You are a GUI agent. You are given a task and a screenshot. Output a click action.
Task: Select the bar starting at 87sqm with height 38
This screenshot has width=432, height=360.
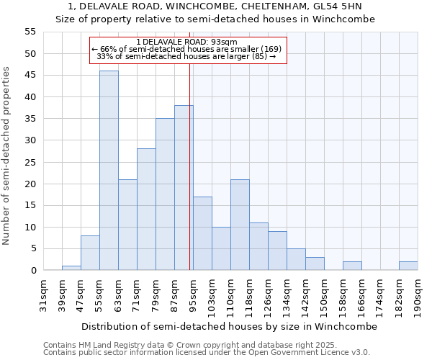[184, 188]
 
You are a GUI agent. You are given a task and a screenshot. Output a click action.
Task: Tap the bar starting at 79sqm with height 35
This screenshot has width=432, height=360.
[165, 194]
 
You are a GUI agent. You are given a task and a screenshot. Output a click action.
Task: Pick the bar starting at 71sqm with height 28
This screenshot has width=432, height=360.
[146, 210]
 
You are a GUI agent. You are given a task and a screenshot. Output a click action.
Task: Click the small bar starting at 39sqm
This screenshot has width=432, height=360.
[71, 268]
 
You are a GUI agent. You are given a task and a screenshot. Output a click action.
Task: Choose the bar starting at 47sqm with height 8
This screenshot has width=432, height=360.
[90, 253]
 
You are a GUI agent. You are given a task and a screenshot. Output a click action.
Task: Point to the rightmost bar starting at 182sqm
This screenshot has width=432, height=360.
[408, 266]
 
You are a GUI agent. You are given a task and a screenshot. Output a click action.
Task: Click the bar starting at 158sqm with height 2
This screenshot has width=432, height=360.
[352, 266]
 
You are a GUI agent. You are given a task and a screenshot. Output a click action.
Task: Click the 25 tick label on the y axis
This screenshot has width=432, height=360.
[30, 162]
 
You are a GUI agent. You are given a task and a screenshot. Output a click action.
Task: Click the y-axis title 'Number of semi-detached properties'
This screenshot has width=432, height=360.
[6, 156]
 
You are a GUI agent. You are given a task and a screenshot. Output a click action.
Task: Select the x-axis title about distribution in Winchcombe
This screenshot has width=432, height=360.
[229, 326]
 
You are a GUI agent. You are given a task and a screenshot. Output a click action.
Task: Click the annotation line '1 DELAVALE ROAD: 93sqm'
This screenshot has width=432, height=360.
[186, 42]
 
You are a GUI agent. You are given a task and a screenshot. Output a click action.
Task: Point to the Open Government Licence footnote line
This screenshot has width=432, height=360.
[207, 352]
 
